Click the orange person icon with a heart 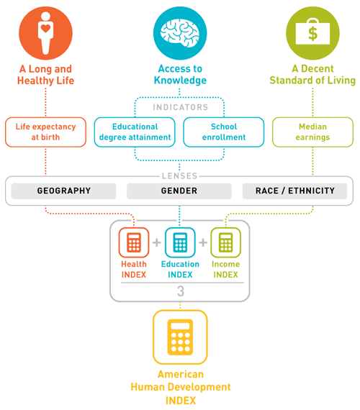(45, 33)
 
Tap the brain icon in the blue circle (180, 33)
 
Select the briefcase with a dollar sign (312, 32)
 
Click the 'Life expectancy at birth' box (45, 132)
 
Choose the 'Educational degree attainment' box (135, 132)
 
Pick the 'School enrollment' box (224, 132)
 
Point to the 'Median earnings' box (312, 132)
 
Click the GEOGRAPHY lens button (63, 191)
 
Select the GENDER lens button (179, 191)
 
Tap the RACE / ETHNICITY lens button (294, 191)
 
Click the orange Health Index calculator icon (134, 242)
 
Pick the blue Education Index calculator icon (180, 242)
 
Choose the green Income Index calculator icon (225, 242)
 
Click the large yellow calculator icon (180, 337)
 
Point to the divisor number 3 (181, 291)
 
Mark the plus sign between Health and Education (157, 242)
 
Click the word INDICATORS (181, 107)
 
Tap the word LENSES (179, 176)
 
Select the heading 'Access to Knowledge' (180, 75)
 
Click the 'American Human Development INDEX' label (181, 387)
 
